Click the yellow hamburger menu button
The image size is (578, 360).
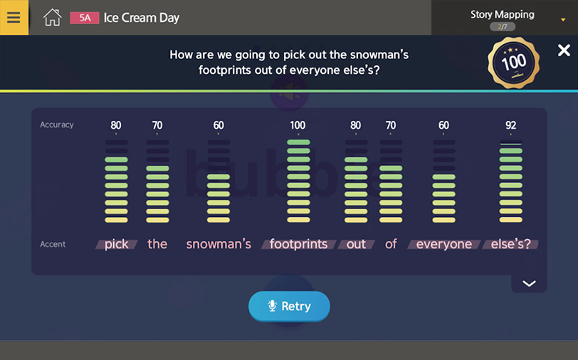[14, 17]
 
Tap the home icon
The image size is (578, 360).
[53, 17]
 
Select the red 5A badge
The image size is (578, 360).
[85, 18]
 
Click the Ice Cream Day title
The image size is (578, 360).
[142, 18]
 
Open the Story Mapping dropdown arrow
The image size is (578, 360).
[563, 20]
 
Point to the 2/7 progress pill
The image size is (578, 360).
[503, 26]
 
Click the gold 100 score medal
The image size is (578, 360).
[513, 63]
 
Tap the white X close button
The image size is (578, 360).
[564, 50]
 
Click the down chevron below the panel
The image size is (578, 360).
[529, 283]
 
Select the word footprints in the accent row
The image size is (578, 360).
[298, 244]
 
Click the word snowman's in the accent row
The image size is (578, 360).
[219, 244]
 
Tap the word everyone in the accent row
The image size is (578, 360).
[444, 244]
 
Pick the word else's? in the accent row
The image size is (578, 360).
[510, 244]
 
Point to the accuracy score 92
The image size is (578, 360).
[510, 125]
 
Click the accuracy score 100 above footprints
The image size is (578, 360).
[298, 125]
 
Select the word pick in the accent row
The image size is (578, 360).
[117, 244]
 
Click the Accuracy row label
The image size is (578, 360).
[57, 125]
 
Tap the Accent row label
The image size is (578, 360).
[53, 244]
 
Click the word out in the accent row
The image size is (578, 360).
[356, 244]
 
